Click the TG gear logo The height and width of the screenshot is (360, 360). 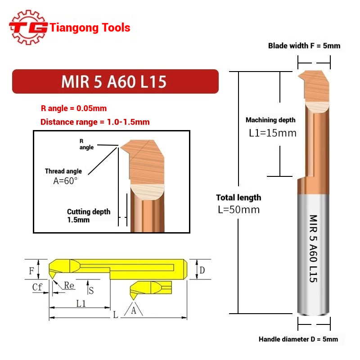pos(28,27)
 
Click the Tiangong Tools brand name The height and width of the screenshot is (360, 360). pos(90,28)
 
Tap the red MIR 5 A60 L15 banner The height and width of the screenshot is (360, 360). pos(115,81)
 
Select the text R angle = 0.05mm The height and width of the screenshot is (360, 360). pos(73,108)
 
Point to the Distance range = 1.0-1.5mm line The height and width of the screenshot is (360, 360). pos(95,121)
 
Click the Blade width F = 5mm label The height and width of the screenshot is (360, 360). pos(304,45)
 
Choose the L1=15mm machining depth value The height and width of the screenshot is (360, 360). pos(273,133)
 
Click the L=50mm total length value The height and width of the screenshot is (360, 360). pos(238,210)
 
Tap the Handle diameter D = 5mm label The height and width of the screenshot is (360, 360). pos(298,339)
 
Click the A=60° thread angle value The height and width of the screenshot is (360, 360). pos(65,180)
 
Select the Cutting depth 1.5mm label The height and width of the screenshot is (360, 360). pos(88,216)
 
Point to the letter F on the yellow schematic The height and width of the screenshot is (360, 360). pos(31,271)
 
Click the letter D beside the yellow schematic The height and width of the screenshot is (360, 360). pos(202,270)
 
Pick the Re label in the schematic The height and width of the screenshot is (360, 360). pos(69,286)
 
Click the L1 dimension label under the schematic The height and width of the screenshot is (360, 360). pos(81,304)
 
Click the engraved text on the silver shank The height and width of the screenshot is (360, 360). pos(313,247)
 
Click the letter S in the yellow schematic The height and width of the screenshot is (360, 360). pos(91,291)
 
